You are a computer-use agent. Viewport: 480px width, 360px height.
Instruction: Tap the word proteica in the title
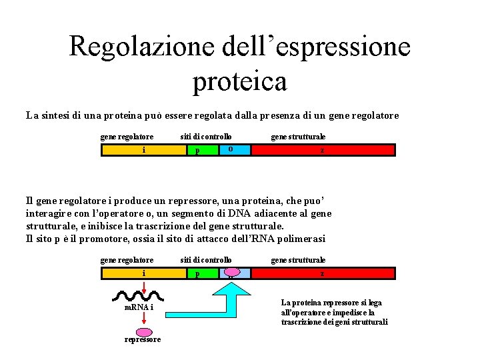240,81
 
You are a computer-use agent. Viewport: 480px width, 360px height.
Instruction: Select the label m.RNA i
139,307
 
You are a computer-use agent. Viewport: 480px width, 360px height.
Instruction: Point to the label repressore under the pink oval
143,339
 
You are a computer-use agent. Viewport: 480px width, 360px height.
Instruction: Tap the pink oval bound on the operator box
233,271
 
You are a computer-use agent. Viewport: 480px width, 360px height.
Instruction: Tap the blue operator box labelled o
235,149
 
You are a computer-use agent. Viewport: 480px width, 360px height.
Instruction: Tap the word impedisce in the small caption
347,312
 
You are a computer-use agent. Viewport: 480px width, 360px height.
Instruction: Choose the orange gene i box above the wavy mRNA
143,273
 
